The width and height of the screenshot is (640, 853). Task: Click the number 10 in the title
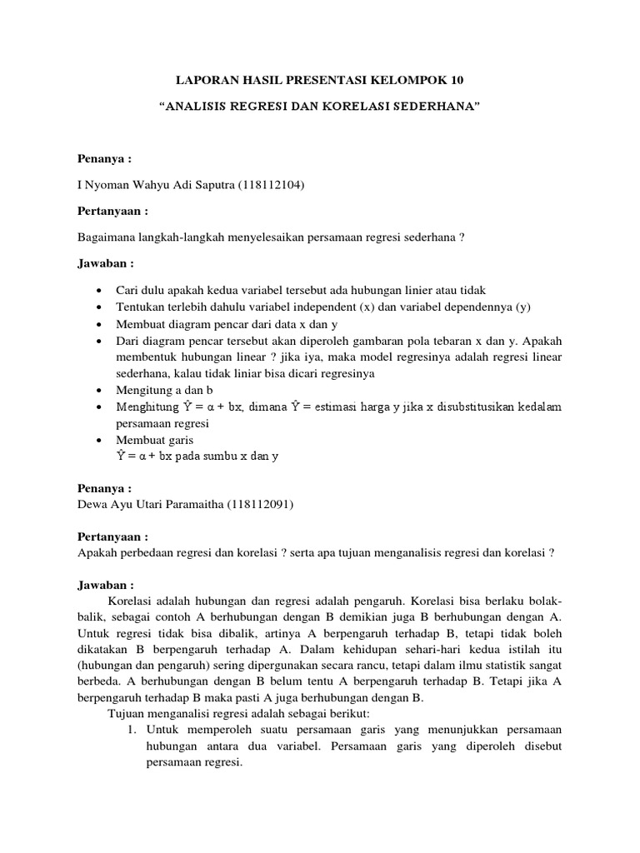[x=455, y=81]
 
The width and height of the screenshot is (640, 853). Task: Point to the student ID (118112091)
[x=262, y=504]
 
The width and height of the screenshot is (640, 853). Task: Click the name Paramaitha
[x=196, y=504]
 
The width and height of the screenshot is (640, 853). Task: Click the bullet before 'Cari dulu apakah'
[x=100, y=292]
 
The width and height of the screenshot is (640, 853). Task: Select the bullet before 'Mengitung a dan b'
[x=100, y=390]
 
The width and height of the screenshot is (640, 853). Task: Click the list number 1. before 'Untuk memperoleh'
[x=132, y=729]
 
